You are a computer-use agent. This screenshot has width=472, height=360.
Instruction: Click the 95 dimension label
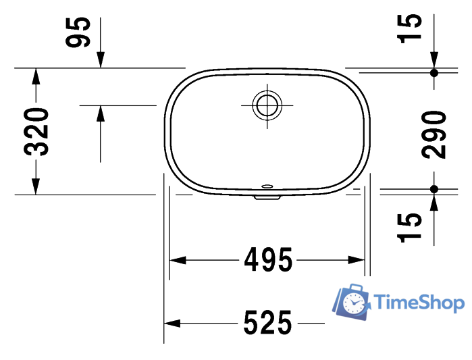[x=78, y=32]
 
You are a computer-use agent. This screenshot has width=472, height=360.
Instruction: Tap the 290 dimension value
[x=435, y=134]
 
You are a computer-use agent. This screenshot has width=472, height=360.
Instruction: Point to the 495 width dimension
[x=267, y=259]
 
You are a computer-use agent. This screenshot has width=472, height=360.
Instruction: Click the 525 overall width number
[x=267, y=323]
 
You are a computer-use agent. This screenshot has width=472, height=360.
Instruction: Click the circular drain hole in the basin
[x=266, y=105]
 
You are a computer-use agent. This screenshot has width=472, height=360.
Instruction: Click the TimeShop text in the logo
[x=419, y=301]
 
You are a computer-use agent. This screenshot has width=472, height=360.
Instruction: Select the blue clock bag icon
[x=353, y=303]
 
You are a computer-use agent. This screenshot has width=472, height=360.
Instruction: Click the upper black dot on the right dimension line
[x=434, y=72]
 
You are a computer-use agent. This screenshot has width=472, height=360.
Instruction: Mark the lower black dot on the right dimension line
[x=434, y=188]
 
